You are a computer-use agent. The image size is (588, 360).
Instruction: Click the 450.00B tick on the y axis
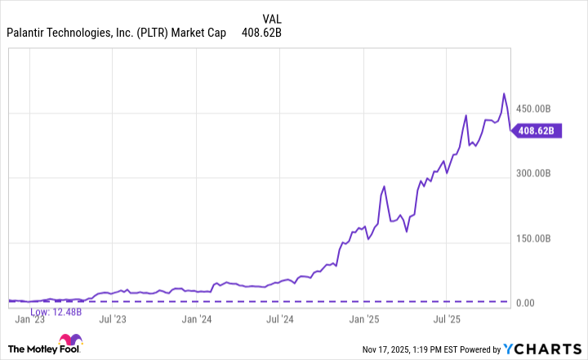[537, 109]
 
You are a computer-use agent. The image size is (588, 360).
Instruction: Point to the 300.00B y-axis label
[537, 174]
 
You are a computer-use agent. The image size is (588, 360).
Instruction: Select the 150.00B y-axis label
[537, 238]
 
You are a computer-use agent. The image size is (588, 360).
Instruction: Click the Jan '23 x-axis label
[29, 319]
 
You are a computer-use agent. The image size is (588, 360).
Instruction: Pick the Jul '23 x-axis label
[113, 319]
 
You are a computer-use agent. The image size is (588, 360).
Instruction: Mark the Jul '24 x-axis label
[280, 319]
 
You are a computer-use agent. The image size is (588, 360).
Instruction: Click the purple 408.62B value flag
[536, 130]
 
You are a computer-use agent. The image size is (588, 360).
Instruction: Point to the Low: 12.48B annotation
[56, 311]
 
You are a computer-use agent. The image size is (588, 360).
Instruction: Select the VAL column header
[274, 18]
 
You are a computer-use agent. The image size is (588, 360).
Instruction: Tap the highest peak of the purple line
[504, 94]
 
